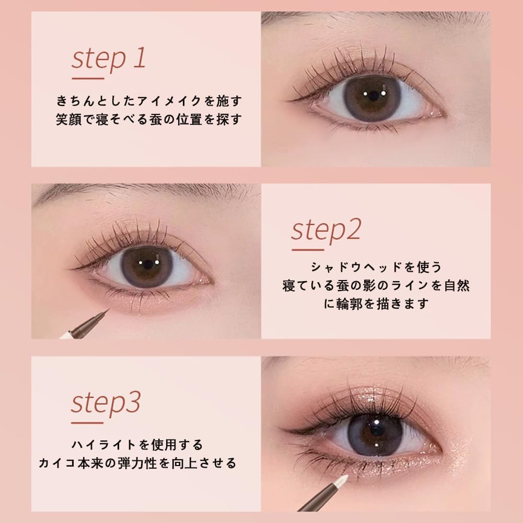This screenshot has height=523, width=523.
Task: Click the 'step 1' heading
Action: tap(109, 59)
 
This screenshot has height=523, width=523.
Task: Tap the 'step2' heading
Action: tap(326, 230)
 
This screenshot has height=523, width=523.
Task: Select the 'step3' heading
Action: tap(106, 403)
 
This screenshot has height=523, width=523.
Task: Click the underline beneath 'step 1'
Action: tap(88, 78)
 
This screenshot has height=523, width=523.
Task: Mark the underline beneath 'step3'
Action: tap(88, 422)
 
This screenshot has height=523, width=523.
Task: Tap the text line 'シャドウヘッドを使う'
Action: tap(376, 268)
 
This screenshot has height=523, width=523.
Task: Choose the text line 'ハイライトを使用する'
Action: tap(137, 445)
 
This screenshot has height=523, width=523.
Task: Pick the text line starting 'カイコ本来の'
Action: tap(137, 463)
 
